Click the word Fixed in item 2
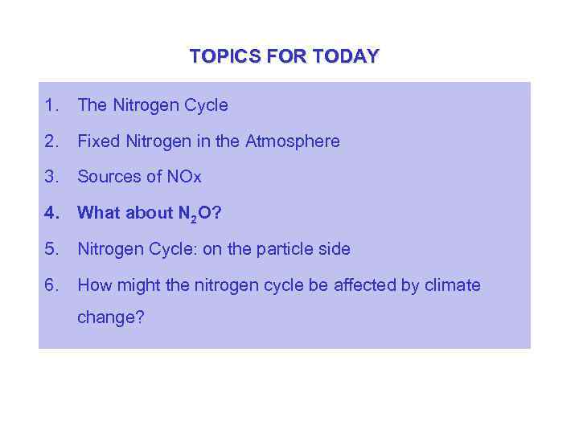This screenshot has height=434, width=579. click(x=98, y=141)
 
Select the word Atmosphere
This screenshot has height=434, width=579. click(x=293, y=141)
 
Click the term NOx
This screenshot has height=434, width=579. click(x=184, y=177)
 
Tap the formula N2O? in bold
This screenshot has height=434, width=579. click(x=200, y=214)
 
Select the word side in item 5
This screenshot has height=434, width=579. click(x=334, y=249)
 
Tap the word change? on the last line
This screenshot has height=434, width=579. click(x=111, y=318)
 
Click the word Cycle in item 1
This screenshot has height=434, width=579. click(x=206, y=105)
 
